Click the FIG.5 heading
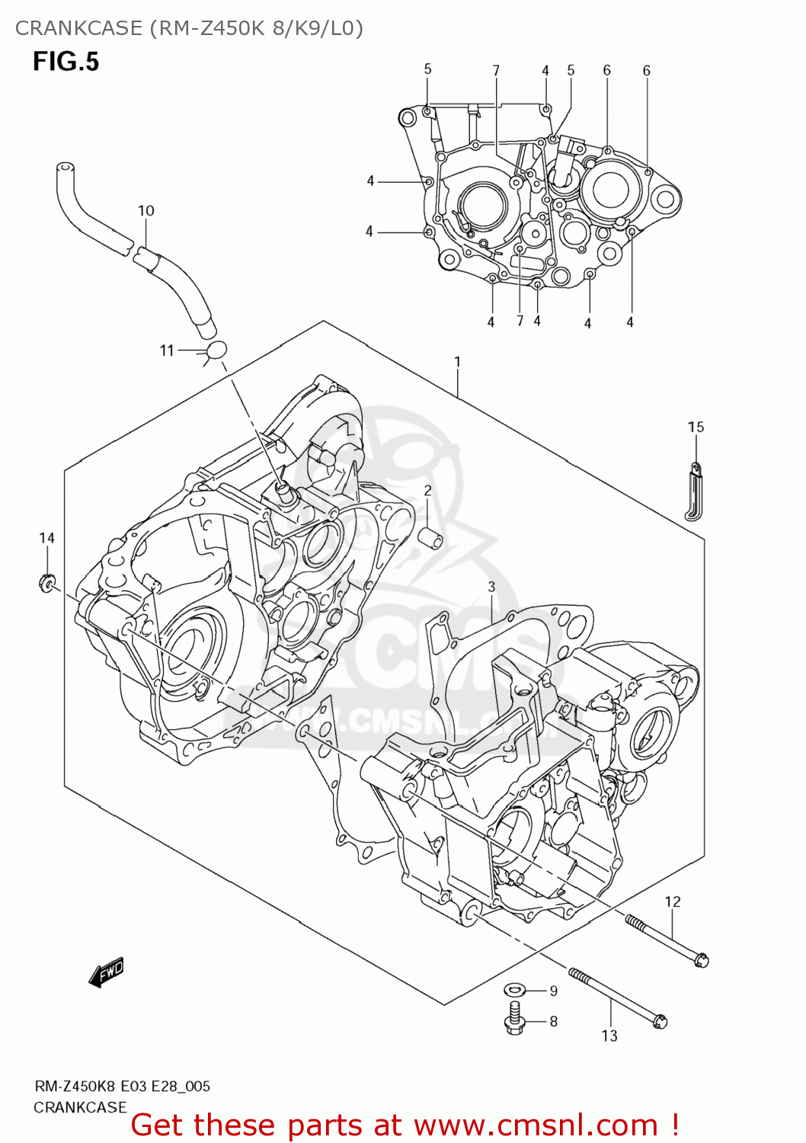pyautogui.click(x=66, y=62)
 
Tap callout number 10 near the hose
pyautogui.click(x=146, y=210)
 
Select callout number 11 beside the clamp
pyautogui.click(x=167, y=351)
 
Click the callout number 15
pyautogui.click(x=696, y=427)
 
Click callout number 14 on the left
pyautogui.click(x=46, y=538)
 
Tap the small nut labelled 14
pyautogui.click(x=47, y=584)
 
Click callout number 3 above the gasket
pyautogui.click(x=491, y=586)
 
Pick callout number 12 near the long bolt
pyautogui.click(x=672, y=901)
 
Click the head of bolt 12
pyautogui.click(x=701, y=960)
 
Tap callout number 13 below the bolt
pyautogui.click(x=609, y=1036)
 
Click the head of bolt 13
pyautogui.click(x=660, y=1021)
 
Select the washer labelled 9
pyautogui.click(x=515, y=990)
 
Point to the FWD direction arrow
pyautogui.click(x=106, y=973)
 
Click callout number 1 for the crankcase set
pyautogui.click(x=457, y=361)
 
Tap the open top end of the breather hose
pyautogui.click(x=66, y=167)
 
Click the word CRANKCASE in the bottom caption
pyautogui.click(x=80, y=1107)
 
